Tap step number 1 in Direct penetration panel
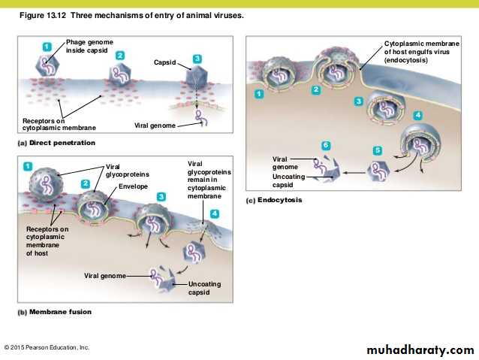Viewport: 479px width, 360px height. (x=47, y=47)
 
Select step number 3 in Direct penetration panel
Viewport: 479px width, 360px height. (x=197, y=58)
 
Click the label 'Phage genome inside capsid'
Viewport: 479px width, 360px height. (x=89, y=46)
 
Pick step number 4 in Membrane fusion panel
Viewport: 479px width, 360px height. (x=215, y=213)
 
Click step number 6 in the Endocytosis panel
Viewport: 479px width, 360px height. (x=325, y=145)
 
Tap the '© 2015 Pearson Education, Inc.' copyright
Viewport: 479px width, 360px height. (x=47, y=347)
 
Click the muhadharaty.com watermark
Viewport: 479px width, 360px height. (x=420, y=350)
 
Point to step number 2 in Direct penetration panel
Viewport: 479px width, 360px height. (x=119, y=56)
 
